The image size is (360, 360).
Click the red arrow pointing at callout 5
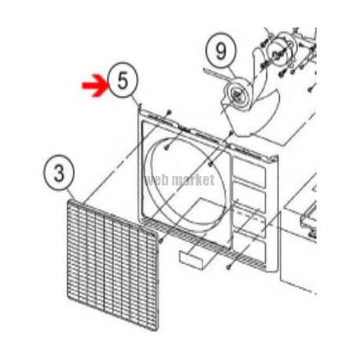(x=95, y=85)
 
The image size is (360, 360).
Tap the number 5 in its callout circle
(x=123, y=80)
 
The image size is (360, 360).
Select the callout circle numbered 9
(x=221, y=51)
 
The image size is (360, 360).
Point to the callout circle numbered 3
(x=59, y=172)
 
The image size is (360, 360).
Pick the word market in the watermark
(x=194, y=180)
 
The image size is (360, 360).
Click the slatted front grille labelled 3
(x=113, y=265)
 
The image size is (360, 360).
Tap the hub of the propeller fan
(x=238, y=94)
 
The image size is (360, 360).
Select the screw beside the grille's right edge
(x=161, y=240)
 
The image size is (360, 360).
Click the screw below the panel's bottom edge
(x=229, y=267)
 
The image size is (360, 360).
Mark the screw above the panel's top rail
(x=169, y=112)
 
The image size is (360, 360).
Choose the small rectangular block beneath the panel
(x=192, y=259)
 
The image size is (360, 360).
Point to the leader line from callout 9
(x=230, y=72)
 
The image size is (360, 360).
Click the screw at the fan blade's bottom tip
(x=231, y=133)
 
